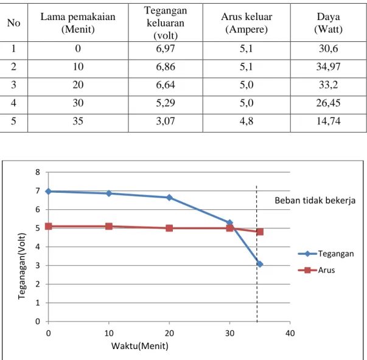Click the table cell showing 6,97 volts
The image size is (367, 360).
[x=166, y=49]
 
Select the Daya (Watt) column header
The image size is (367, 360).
[x=329, y=23]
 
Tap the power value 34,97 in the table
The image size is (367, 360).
[x=329, y=67]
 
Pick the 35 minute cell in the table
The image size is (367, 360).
[x=78, y=121]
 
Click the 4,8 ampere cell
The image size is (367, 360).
[x=246, y=121]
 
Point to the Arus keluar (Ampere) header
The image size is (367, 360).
[x=246, y=23]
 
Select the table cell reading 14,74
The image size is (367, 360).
[x=329, y=121]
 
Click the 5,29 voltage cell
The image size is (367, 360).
[x=166, y=103]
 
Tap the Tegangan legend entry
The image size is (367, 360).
[x=326, y=254]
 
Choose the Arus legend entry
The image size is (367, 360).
[x=316, y=270]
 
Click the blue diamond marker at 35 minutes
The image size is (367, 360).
[x=259, y=265]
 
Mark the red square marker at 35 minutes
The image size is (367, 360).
[x=260, y=232]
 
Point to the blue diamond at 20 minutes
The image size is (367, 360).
[x=169, y=198]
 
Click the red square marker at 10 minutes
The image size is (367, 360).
[x=109, y=226]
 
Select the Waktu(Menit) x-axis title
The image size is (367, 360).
[x=140, y=346]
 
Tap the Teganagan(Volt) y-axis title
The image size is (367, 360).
[x=21, y=266]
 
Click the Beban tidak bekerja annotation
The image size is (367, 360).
[x=315, y=201]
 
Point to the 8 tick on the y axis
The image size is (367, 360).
[x=38, y=172]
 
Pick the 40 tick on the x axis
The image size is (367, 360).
[x=290, y=333]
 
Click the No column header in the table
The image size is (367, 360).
[x=13, y=23]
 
